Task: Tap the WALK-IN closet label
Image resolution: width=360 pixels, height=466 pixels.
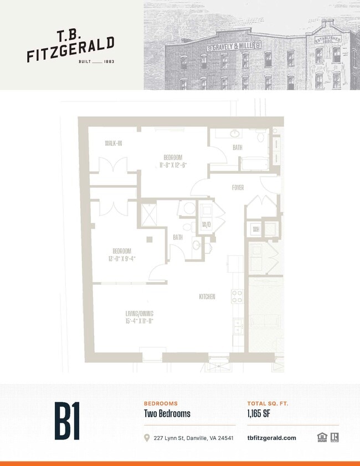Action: click(114, 144)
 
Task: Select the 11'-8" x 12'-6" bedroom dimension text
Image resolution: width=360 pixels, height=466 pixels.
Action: click(172, 165)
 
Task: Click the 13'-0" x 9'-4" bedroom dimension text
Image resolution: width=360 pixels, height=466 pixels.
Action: click(122, 258)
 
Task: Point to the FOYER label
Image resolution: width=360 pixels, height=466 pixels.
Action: click(238, 188)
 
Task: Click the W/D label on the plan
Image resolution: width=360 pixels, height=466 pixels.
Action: click(207, 224)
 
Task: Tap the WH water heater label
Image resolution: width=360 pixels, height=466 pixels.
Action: click(256, 229)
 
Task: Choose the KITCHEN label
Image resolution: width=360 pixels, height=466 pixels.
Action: click(207, 297)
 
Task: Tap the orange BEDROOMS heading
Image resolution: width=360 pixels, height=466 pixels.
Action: click(161, 404)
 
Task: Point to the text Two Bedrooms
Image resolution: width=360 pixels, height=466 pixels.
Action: click(167, 414)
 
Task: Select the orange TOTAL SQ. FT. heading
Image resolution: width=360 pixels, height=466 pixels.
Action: click(268, 404)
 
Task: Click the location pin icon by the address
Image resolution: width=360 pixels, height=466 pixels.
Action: click(147, 438)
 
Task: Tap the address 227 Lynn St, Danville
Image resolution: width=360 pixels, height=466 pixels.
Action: click(194, 438)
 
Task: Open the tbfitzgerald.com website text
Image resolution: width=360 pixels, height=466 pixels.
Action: click(271, 438)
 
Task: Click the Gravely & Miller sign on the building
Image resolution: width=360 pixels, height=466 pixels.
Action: click(234, 47)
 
